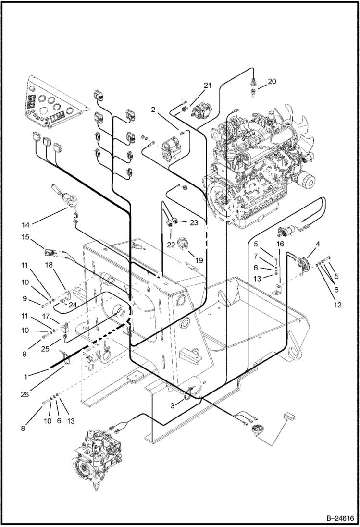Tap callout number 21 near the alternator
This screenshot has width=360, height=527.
point(207,86)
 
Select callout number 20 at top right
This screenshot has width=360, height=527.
point(272,82)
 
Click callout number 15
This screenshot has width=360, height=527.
point(26,236)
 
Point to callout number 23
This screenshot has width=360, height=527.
point(194,222)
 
